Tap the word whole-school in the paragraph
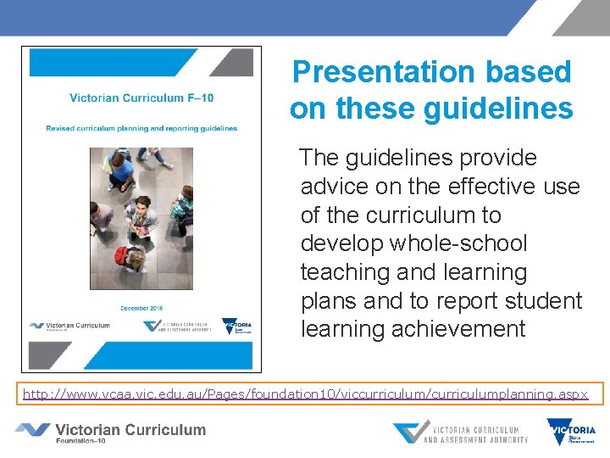click(458, 244)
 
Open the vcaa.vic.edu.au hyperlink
click(305, 394)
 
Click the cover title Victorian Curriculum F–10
click(142, 98)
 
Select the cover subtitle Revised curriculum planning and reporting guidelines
click(141, 129)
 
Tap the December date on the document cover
click(142, 306)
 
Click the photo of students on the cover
click(142, 218)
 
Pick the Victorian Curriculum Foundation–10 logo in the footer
click(110, 433)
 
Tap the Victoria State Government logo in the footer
click(572, 433)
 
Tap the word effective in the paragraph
click(475, 187)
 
